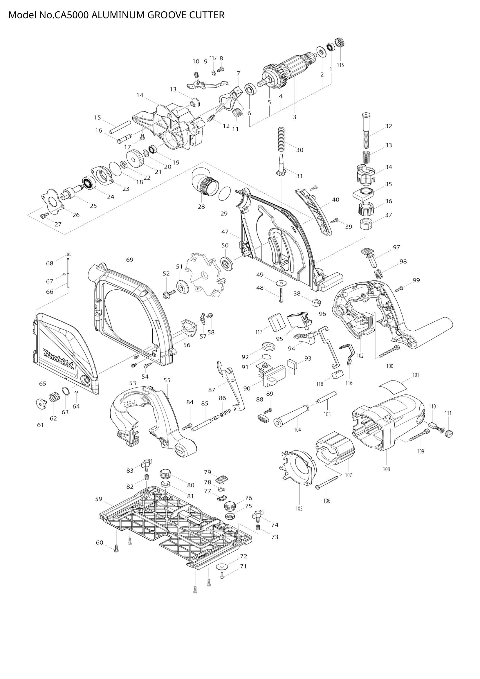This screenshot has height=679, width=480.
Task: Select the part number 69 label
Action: pyautogui.click(x=130, y=259)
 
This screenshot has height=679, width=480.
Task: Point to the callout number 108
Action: pyautogui.click(x=386, y=469)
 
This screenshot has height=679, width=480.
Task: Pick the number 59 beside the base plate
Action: pyautogui.click(x=99, y=499)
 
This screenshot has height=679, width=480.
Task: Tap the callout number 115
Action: pyautogui.click(x=340, y=65)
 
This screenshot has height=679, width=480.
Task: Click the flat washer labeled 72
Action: pyautogui.click(x=221, y=567)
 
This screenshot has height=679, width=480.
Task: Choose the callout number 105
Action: pyautogui.click(x=299, y=509)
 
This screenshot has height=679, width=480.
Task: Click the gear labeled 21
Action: pyautogui.click(x=135, y=157)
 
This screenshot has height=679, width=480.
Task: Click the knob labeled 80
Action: pyautogui.click(x=166, y=474)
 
